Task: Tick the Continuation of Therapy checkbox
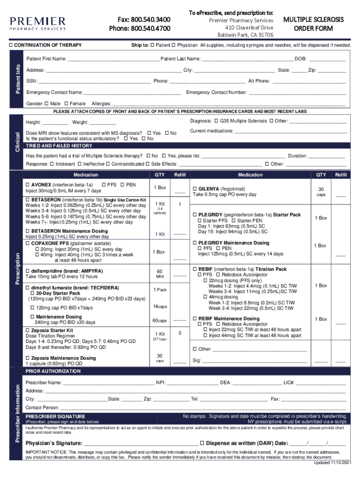[x=12, y=45]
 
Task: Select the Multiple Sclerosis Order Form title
[x=313, y=24]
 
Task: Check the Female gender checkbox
[x=66, y=103]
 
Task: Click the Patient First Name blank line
[x=113, y=59]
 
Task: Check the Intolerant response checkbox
[x=52, y=164]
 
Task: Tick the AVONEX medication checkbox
[x=28, y=185]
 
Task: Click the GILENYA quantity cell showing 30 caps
[x=321, y=192]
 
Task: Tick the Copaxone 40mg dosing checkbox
[x=36, y=255]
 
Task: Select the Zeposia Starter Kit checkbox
[x=28, y=330]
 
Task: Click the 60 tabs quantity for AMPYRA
[x=159, y=274]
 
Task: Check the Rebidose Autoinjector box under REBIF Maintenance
[x=218, y=324]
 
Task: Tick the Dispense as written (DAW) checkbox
[x=202, y=443]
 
